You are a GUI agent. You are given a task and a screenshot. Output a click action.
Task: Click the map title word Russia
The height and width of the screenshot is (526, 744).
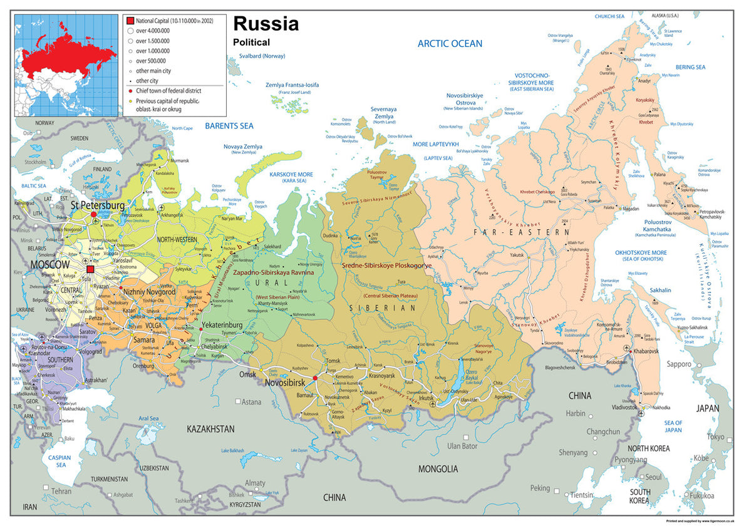coord(266,24)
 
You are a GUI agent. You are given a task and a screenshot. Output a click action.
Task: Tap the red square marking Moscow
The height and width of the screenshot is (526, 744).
coord(90,269)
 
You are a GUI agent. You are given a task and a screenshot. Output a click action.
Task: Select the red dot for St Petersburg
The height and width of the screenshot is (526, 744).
coord(93,214)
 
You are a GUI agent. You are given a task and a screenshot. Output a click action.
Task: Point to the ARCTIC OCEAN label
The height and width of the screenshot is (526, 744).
coord(450,43)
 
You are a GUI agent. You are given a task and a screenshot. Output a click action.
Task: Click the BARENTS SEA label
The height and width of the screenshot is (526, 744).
coord(229,125)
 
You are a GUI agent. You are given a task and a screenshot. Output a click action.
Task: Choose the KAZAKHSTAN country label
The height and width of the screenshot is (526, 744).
coord(210,429)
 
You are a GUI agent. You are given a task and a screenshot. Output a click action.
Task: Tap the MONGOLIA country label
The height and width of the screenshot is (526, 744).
coord(438,468)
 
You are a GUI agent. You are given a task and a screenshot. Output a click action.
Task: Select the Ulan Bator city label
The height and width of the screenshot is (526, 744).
coord(463,446)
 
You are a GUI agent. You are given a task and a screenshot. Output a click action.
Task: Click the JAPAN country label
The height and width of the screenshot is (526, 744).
coord(708,408)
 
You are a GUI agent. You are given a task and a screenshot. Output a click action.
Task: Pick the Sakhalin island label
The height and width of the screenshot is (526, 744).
coord(660,290)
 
